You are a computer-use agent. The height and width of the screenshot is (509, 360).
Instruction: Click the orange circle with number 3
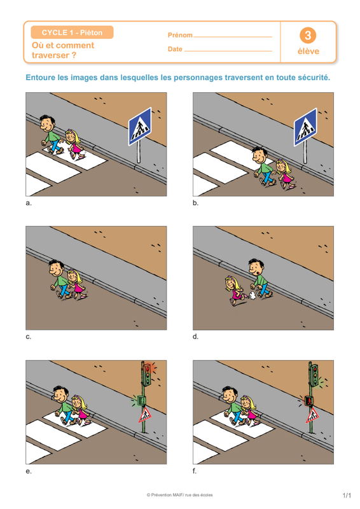click(308, 36)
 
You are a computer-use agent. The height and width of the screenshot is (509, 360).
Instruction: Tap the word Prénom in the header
click(180, 35)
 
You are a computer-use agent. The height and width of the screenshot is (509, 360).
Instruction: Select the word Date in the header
click(175, 49)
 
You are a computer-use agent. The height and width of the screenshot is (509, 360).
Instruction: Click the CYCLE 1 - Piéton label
click(72, 32)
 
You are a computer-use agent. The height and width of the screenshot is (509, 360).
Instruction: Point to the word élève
click(308, 52)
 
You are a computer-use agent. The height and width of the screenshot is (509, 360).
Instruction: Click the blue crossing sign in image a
click(140, 127)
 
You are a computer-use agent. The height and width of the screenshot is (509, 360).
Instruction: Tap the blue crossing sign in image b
click(305, 127)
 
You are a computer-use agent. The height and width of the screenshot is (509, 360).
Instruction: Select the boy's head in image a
click(48, 123)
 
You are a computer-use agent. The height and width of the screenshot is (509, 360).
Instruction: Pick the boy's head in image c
click(57, 268)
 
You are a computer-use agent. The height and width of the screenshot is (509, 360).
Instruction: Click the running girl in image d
click(235, 290)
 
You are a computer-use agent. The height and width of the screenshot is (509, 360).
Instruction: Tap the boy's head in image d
click(256, 267)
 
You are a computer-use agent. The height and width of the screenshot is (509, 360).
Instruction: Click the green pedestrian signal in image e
click(141, 400)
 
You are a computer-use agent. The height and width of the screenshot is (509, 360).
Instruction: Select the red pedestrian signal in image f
click(308, 401)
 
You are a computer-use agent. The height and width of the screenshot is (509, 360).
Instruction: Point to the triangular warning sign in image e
click(146, 415)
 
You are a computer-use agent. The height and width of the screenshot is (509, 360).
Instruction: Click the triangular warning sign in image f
click(312, 416)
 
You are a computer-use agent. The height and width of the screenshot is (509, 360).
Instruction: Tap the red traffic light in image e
click(148, 369)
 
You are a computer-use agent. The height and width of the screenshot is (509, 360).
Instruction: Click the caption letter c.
click(28, 337)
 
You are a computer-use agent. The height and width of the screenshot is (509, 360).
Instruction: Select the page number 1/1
click(347, 496)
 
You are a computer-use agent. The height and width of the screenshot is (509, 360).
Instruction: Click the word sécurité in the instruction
click(312, 78)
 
